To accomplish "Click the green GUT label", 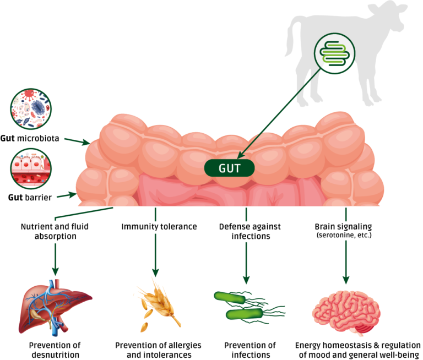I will (x=229, y=168).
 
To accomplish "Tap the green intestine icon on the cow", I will (x=334, y=53).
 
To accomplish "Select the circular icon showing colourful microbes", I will (x=31, y=108).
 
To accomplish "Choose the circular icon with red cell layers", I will (x=31, y=168).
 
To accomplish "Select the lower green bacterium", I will (x=244, y=314).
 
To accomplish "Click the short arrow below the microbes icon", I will (x=77, y=141).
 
